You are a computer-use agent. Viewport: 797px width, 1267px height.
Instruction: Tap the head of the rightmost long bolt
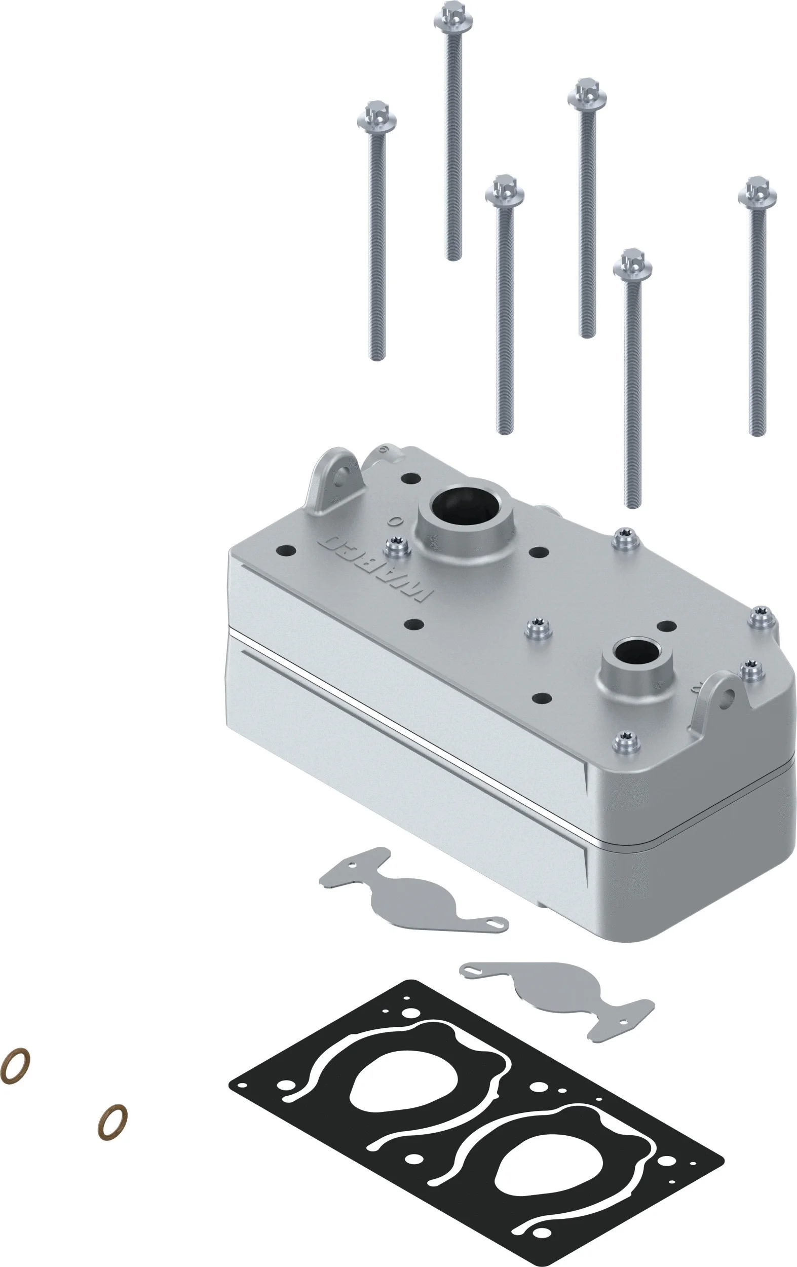pos(757,193)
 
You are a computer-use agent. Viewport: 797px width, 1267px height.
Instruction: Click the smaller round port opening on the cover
pos(636,652)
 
